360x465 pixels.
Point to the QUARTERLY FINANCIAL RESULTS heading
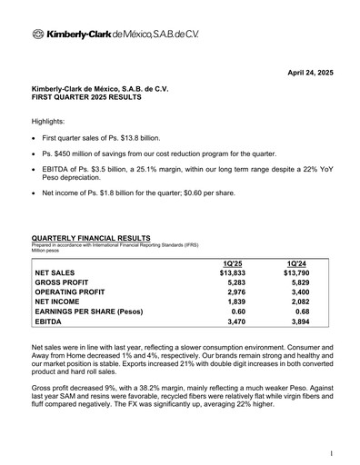click(x=91, y=237)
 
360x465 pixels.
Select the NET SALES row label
click(x=57, y=272)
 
